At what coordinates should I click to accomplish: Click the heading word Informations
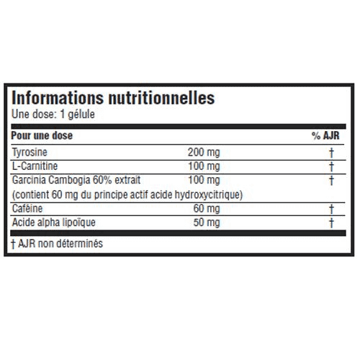click(58, 98)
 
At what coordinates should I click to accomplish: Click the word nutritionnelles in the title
click(161, 98)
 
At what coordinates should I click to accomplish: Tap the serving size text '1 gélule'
click(77, 114)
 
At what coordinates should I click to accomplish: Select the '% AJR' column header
click(325, 135)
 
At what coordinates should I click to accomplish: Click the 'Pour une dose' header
click(42, 135)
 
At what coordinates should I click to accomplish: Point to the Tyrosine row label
click(30, 153)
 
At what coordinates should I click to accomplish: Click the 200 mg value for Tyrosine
click(204, 153)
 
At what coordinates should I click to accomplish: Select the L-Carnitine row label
click(35, 166)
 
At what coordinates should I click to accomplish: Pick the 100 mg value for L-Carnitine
click(204, 166)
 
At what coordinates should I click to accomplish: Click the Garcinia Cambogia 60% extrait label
click(76, 180)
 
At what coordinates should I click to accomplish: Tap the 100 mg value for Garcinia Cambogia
click(204, 180)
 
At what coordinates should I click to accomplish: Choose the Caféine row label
click(27, 208)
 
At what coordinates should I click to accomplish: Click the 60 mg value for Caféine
click(207, 208)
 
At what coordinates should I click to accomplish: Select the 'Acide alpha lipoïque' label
click(54, 222)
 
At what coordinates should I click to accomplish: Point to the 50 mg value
click(207, 222)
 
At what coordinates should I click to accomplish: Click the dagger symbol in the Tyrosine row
click(331, 153)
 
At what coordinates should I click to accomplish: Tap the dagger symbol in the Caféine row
click(331, 209)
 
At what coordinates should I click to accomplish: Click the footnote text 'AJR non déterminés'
click(60, 243)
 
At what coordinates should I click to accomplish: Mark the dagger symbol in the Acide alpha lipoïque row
click(331, 223)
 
